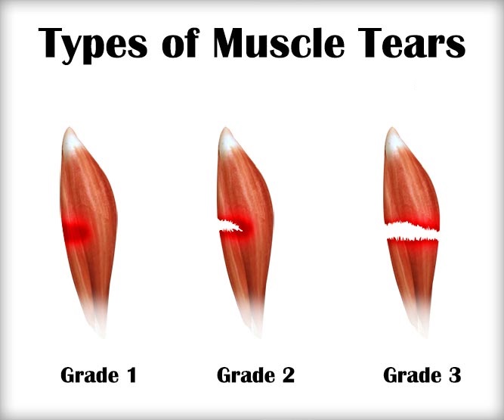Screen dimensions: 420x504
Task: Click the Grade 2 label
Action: tap(255, 375)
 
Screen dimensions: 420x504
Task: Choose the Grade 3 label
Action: tap(422, 375)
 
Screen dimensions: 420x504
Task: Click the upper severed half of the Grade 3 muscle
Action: tap(408, 189)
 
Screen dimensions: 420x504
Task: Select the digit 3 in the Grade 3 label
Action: tap(453, 375)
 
